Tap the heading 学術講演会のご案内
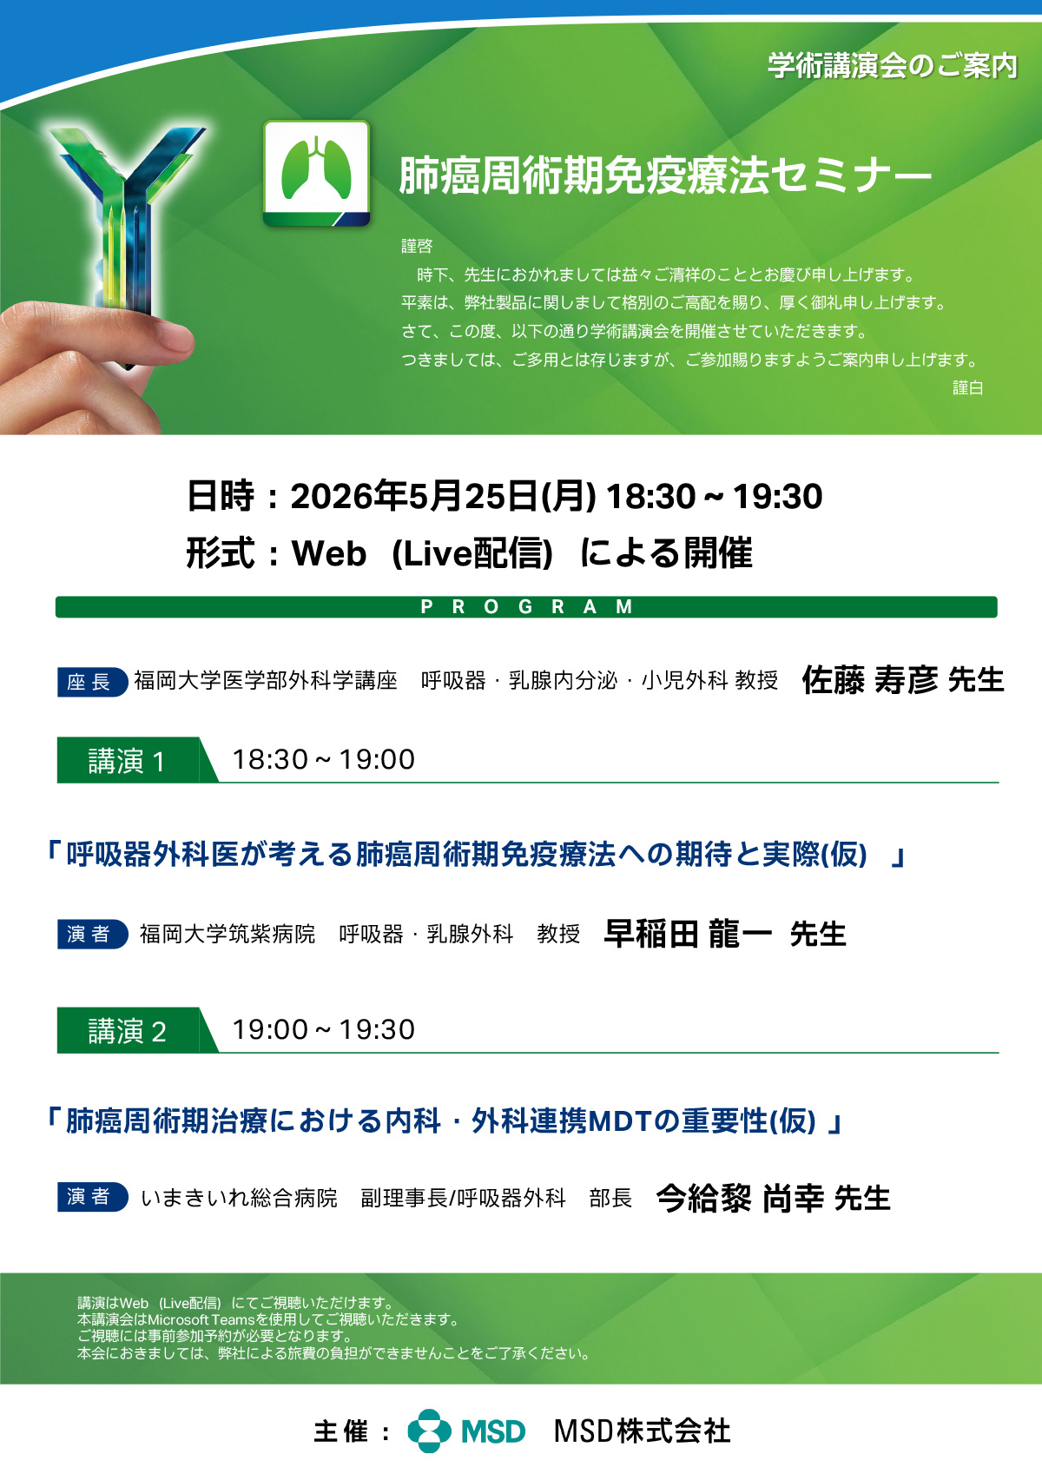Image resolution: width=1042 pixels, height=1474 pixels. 893,66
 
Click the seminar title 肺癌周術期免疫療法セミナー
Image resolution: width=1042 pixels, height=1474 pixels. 665,175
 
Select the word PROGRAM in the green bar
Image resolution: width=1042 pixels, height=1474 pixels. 526,606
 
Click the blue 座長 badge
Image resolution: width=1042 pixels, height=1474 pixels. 92,682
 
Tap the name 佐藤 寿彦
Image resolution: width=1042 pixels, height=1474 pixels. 870,680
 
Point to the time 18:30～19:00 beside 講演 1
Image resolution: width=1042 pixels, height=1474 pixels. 324,759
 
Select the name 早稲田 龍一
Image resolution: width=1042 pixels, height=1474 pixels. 688,933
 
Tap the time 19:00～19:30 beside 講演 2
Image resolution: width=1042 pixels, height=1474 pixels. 324,1029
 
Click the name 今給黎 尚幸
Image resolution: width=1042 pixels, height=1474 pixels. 740,1198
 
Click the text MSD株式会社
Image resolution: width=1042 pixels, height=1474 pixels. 642,1431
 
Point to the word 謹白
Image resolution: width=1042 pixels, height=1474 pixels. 967,388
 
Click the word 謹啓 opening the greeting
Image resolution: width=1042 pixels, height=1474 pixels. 417,246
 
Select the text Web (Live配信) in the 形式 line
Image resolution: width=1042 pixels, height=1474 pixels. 422,552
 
